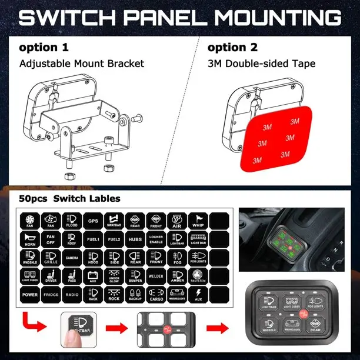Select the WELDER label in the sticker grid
coord(156,276)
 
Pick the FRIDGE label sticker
coord(51,294)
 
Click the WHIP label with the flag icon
coord(198,221)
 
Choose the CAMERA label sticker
coord(72,258)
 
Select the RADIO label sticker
coord(72,294)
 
